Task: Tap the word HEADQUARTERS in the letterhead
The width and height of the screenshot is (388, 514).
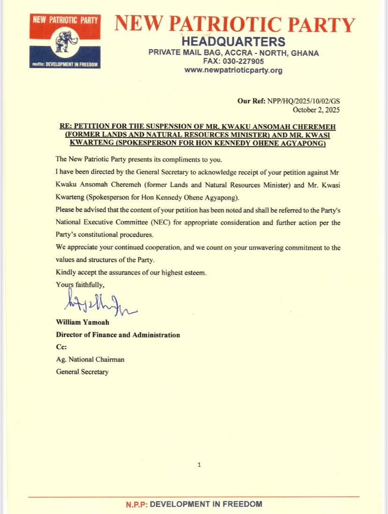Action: coord(233,41)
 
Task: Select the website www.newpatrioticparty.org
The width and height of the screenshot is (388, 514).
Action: coord(233,70)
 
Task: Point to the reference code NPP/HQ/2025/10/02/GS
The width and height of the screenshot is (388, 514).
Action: coord(303,101)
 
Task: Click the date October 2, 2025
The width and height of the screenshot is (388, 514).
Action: coord(316,110)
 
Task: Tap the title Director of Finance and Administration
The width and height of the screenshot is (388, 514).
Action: coord(118,335)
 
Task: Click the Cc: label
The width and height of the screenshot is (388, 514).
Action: coord(61,347)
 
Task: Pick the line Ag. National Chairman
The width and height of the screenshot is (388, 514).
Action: coord(90,359)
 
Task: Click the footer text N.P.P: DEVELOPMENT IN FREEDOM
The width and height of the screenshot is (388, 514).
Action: coord(194,504)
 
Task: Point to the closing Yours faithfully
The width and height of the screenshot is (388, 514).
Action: coord(80,284)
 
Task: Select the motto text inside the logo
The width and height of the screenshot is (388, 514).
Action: coord(64,64)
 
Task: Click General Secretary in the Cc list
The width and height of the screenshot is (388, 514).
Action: coord(82,372)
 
